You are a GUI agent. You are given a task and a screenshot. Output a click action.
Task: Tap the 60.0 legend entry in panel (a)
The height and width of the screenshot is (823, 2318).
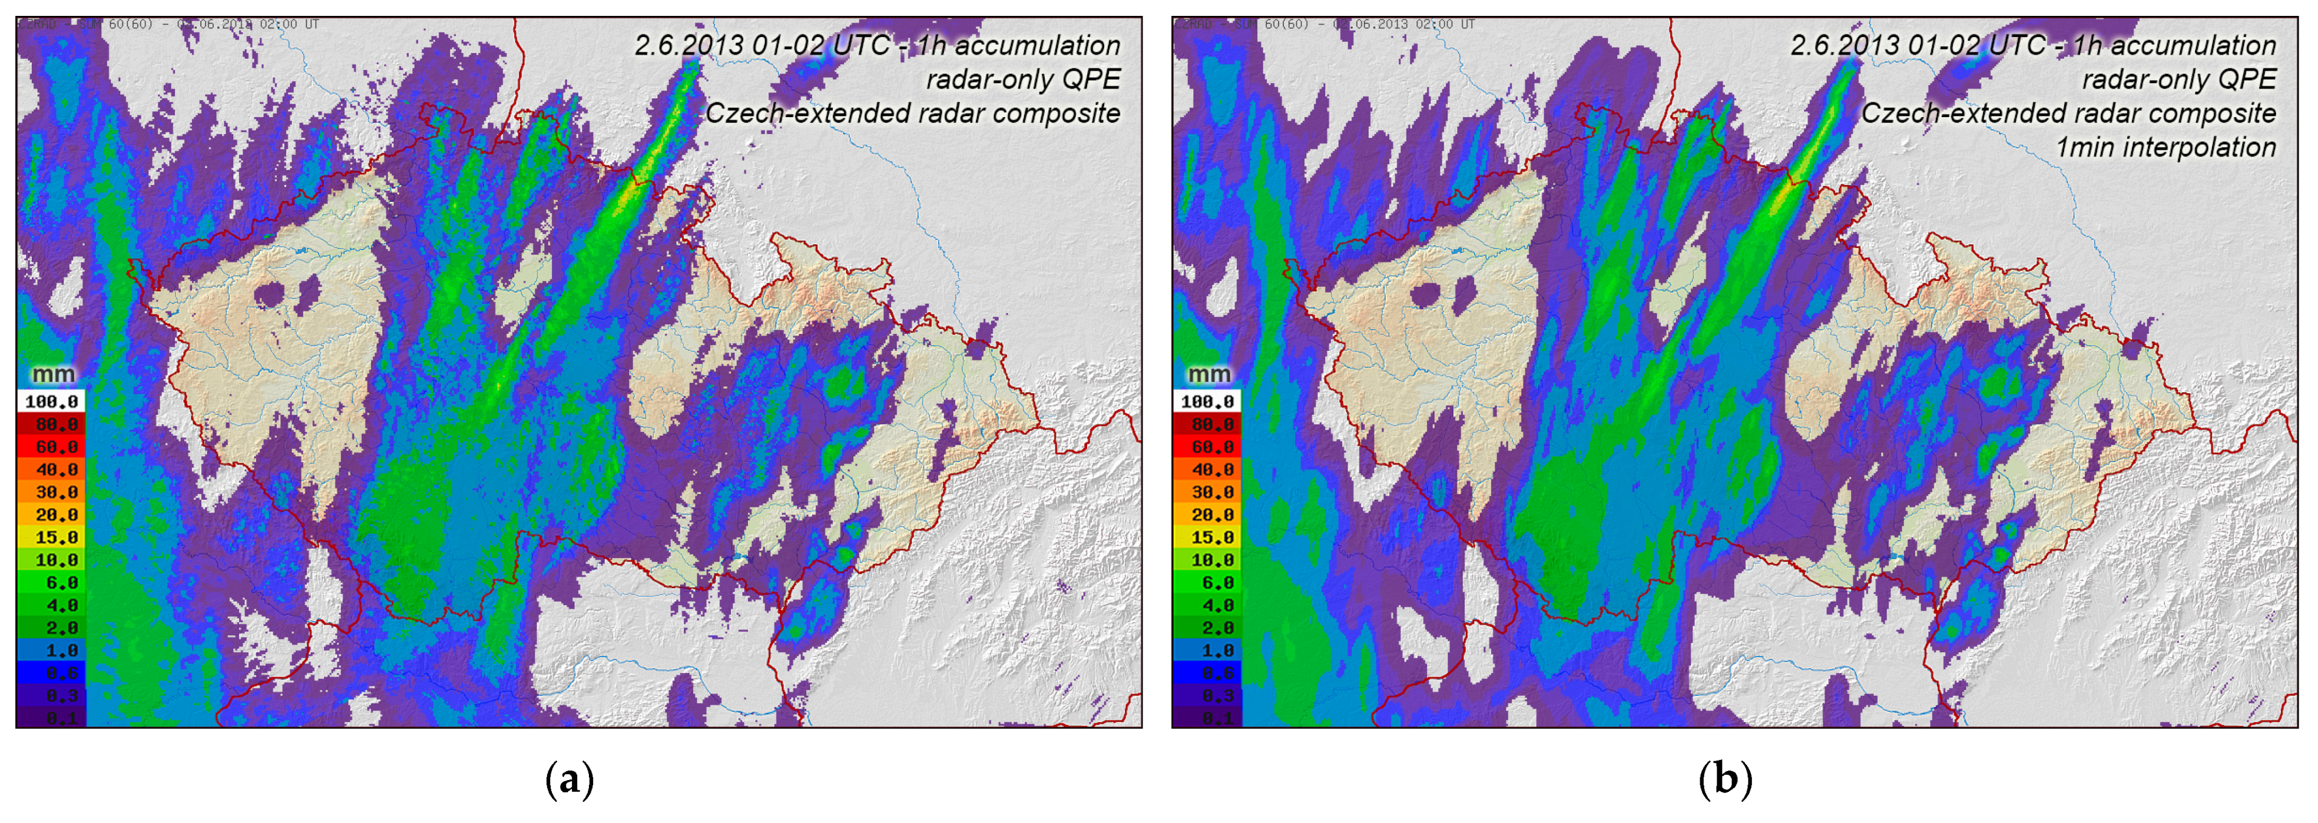click(x=51, y=447)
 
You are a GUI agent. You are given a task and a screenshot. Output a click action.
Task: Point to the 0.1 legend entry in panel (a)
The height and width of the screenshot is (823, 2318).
click(x=51, y=718)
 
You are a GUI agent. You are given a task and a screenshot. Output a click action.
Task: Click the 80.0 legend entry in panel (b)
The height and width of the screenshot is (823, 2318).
click(x=1207, y=424)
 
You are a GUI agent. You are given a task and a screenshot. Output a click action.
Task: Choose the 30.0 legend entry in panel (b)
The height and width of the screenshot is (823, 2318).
click(x=1207, y=492)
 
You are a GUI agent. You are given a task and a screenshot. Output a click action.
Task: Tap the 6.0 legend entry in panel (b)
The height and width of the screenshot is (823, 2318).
click(x=1207, y=583)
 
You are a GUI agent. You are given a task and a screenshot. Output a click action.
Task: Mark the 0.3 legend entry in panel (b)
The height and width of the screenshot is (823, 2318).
click(x=1207, y=695)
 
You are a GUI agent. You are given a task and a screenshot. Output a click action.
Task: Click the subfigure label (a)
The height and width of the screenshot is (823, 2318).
click(x=569, y=779)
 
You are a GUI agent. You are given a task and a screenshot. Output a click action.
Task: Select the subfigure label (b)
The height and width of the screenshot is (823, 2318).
click(x=1725, y=779)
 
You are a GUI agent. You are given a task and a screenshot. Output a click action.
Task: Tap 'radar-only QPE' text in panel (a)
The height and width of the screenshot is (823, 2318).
click(x=1023, y=79)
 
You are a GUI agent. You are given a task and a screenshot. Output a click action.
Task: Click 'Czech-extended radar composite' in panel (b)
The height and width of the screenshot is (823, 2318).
click(x=2068, y=114)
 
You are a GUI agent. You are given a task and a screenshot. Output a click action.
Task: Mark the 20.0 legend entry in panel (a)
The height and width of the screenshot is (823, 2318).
click(x=51, y=515)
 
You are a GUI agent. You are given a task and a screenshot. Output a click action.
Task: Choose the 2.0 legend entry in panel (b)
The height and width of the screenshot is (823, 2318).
click(x=1207, y=628)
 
